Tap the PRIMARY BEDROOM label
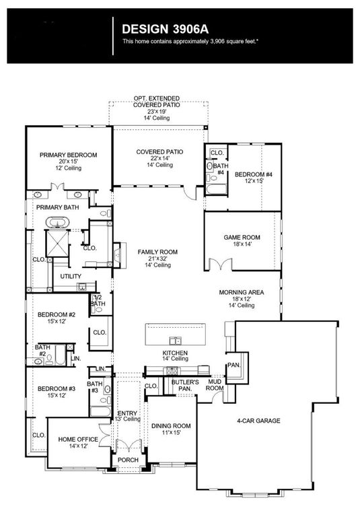click(67, 155)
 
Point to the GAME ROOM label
click(242, 238)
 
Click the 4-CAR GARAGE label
click(258, 421)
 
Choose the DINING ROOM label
click(170, 426)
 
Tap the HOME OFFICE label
click(77, 439)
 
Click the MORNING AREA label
click(241, 293)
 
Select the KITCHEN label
click(174, 353)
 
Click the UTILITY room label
click(71, 277)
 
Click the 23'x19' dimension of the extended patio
click(156, 111)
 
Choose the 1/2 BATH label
click(98, 300)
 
